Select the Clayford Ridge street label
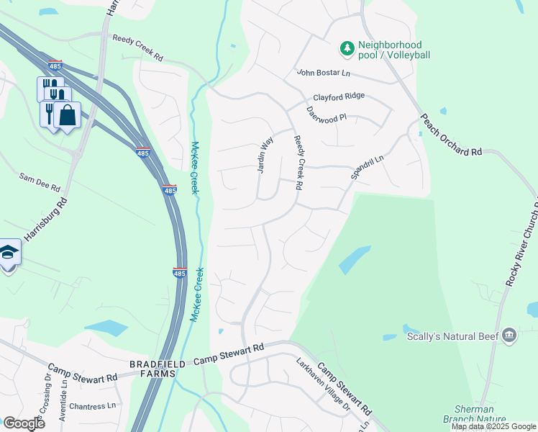[x=338, y=96]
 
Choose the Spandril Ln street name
[x=368, y=167]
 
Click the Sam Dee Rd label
[x=40, y=181]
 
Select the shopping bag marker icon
[x=67, y=114]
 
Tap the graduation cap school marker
[x=9, y=252]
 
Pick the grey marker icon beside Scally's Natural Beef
[x=510, y=336]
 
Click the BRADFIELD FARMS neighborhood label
[x=162, y=369]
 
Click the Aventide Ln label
[x=63, y=397]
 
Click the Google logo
[x=24, y=423]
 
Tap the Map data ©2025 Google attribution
[x=493, y=426]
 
